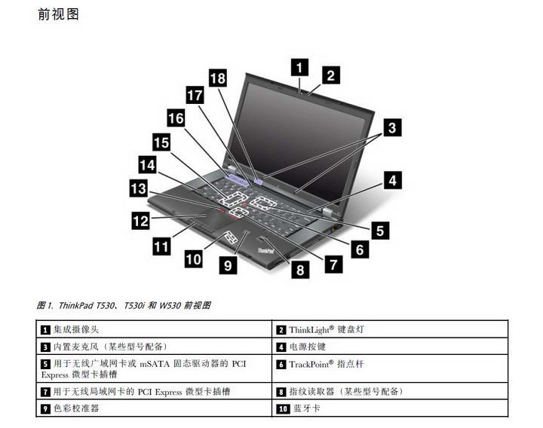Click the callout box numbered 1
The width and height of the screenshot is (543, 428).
299,67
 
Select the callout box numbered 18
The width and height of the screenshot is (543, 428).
218,78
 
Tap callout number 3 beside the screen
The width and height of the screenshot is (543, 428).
392,127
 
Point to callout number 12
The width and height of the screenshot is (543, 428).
140,221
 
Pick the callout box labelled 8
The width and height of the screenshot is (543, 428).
300,270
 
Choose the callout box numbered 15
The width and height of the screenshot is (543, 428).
161,142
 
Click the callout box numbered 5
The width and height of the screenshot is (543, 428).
380,231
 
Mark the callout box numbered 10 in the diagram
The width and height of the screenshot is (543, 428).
193,258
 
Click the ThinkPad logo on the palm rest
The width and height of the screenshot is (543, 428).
265,250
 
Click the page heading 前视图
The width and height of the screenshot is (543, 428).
59,14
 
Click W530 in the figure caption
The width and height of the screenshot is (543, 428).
170,305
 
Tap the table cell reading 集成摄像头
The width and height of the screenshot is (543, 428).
76,329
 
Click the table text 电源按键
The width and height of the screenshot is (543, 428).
308,347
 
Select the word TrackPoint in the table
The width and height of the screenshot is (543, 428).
309,364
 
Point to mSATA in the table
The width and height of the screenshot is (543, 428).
155,364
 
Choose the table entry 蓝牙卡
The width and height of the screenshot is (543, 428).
307,408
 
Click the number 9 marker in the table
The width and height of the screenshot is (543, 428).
45,409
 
